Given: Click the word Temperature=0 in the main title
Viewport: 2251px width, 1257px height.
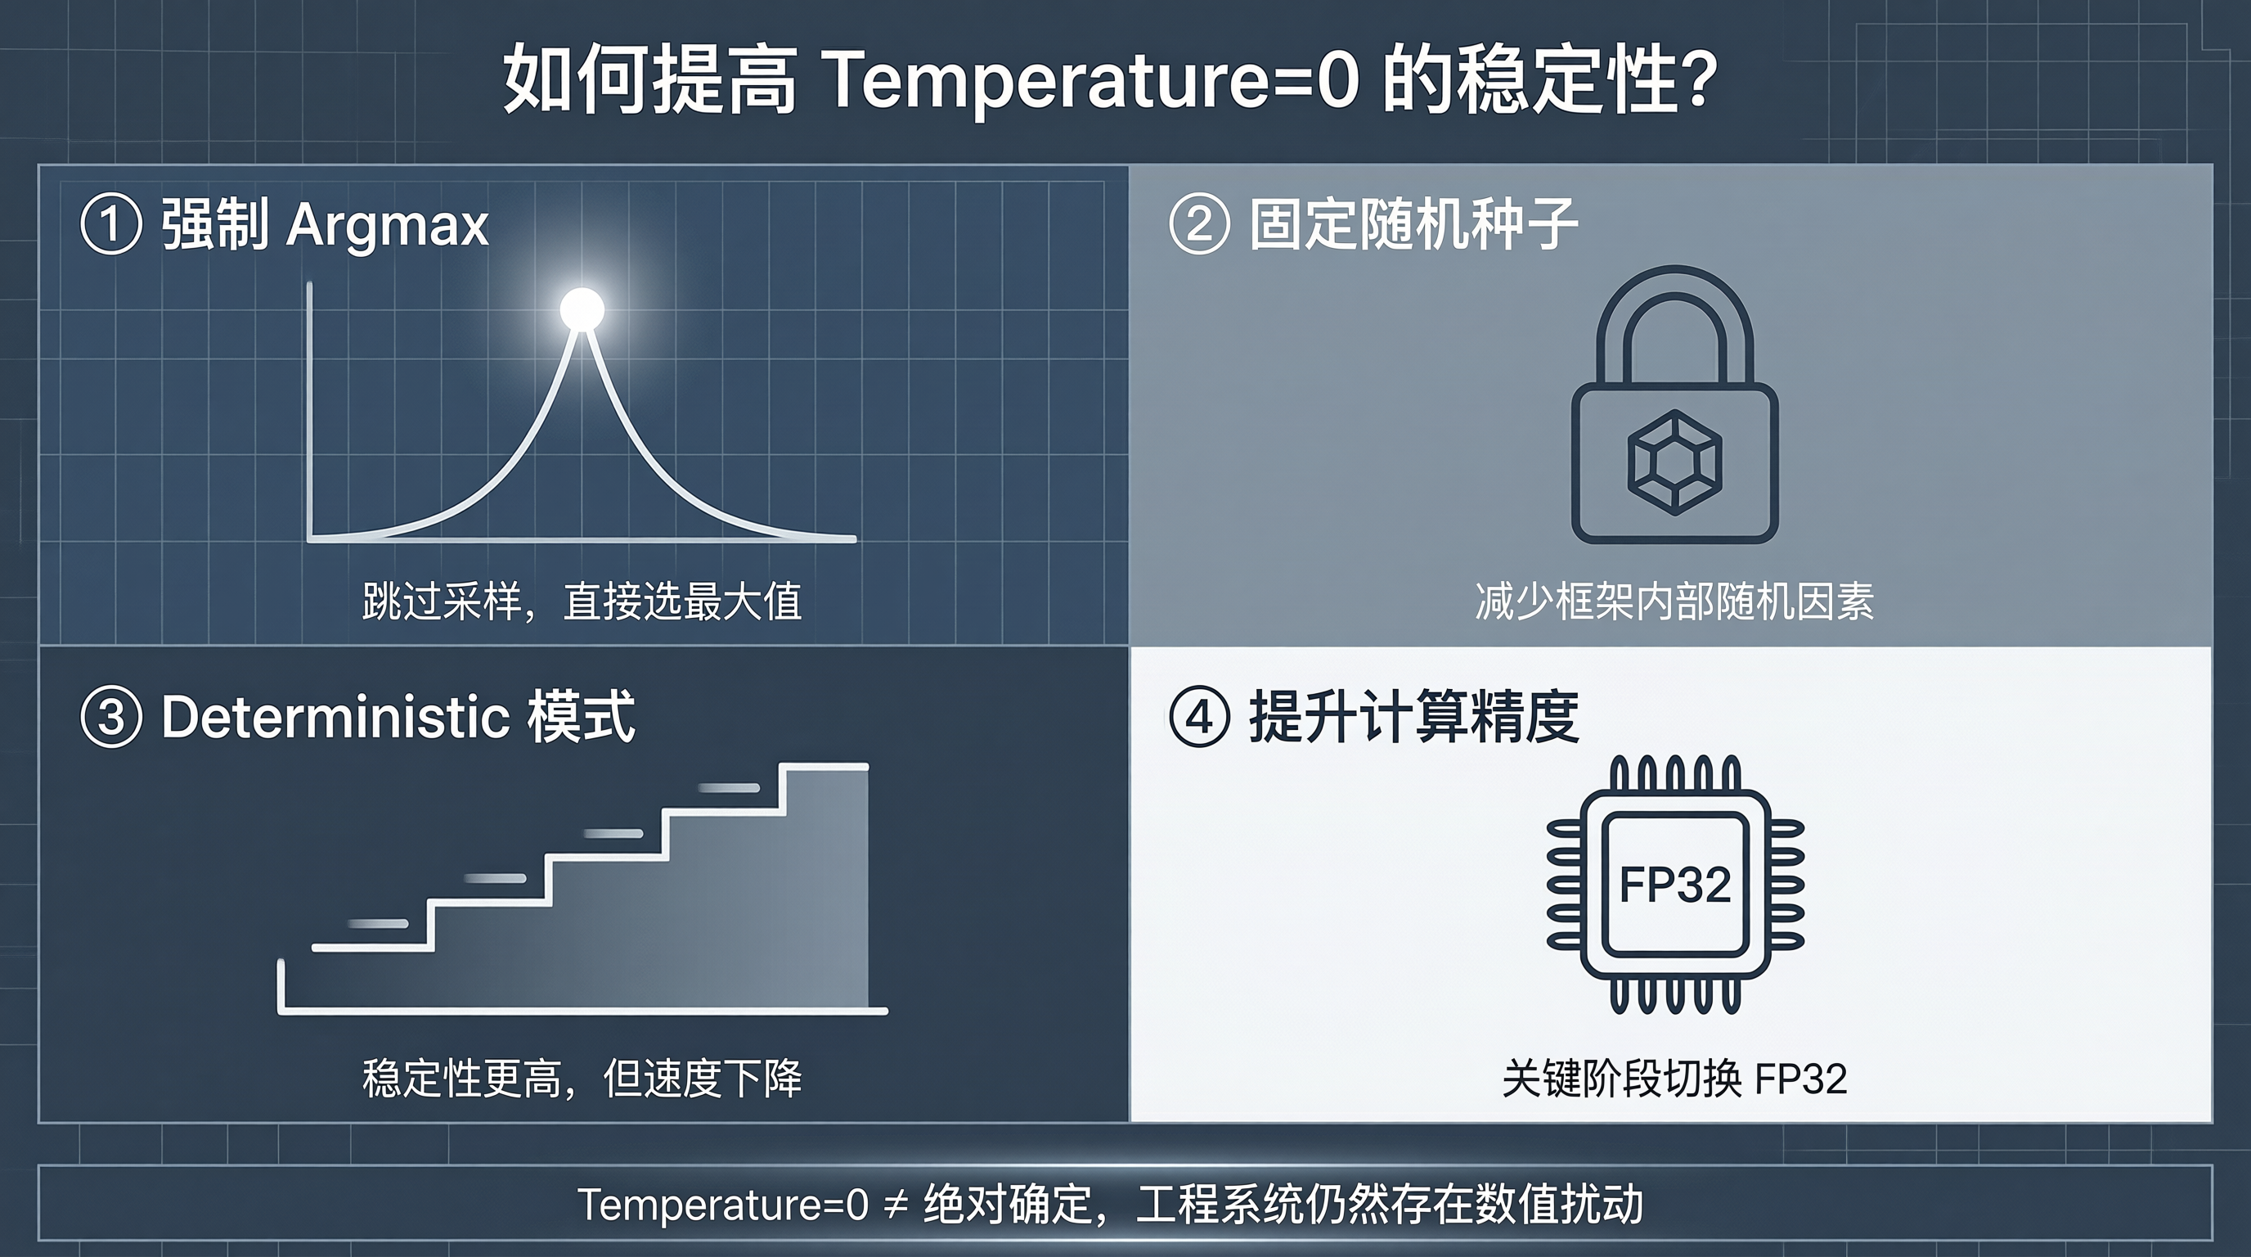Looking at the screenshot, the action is [1090, 80].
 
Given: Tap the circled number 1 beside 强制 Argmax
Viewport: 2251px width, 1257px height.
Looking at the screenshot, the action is [111, 225].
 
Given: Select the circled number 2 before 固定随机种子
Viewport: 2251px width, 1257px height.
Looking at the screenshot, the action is [1199, 225].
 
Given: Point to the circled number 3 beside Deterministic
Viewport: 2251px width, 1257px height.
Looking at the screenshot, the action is [111, 718].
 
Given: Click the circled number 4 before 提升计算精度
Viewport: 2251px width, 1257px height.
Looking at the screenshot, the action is [1199, 718].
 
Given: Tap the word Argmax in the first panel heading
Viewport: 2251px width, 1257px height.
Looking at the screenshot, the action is [387, 227].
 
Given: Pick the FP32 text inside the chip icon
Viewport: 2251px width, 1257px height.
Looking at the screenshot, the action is [1675, 885].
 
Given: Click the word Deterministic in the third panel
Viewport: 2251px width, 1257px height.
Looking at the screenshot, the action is [335, 718].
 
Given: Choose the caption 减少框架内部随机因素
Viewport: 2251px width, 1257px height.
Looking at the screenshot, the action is [1674, 602].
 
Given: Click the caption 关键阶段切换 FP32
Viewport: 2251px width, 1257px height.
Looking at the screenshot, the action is [1674, 1079].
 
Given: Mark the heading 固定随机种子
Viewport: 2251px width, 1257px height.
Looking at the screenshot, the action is [1413, 225].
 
